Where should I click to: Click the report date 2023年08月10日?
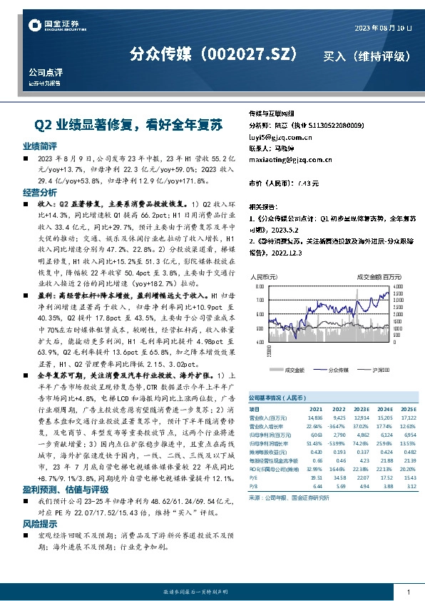point(384,27)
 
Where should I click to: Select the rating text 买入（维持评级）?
point(367,55)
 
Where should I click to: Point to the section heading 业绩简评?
point(39,146)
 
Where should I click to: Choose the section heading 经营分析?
point(39,193)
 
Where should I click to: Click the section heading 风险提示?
point(39,523)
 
